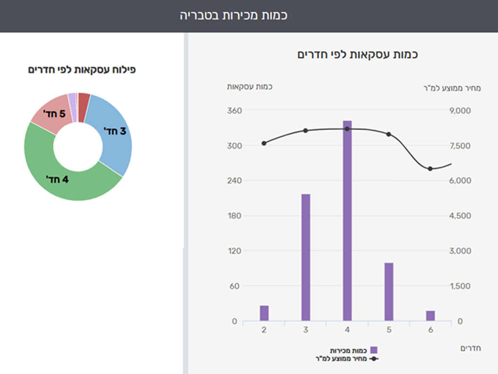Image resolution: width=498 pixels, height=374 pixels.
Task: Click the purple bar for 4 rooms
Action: tap(347, 220)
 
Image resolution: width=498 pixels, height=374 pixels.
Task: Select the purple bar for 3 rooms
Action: tap(305, 257)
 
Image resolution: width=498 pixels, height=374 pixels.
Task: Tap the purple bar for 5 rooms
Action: tap(389, 291)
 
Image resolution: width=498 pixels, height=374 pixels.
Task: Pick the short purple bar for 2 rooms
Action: tap(264, 313)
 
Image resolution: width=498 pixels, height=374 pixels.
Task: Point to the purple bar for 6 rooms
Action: tap(430, 316)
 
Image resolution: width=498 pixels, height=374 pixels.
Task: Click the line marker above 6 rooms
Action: tap(430, 168)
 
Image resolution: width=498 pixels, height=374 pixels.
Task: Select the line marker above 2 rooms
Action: tap(264, 143)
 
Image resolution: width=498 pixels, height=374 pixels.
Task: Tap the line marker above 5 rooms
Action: tap(389, 134)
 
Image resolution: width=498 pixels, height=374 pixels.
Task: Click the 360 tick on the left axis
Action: tap(235, 111)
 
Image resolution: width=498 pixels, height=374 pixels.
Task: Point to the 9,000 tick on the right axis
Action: tap(460, 111)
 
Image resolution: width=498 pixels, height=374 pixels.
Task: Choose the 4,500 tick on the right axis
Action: tap(460, 216)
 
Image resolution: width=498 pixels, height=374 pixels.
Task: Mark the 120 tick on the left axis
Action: tap(235, 251)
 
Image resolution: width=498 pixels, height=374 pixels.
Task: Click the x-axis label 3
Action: tap(305, 330)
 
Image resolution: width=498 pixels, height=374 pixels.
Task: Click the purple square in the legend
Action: tap(373, 350)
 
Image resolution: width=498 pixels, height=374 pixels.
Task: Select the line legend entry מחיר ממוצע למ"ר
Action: tap(346, 359)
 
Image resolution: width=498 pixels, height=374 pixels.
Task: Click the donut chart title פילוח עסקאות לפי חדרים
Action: tap(82, 70)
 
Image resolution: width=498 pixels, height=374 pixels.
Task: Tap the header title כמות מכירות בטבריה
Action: tap(234, 15)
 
